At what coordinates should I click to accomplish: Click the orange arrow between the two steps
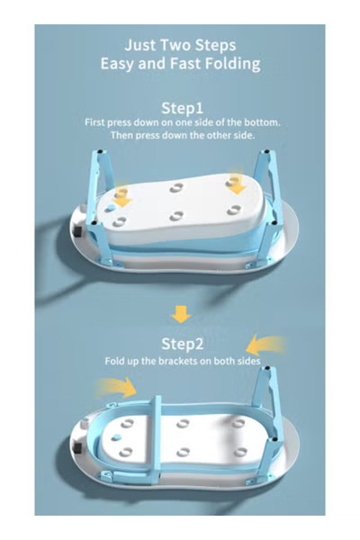coord(181,314)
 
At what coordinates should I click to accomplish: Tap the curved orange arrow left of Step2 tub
coord(115,387)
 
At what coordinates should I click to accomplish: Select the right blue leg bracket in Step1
coord(265,171)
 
